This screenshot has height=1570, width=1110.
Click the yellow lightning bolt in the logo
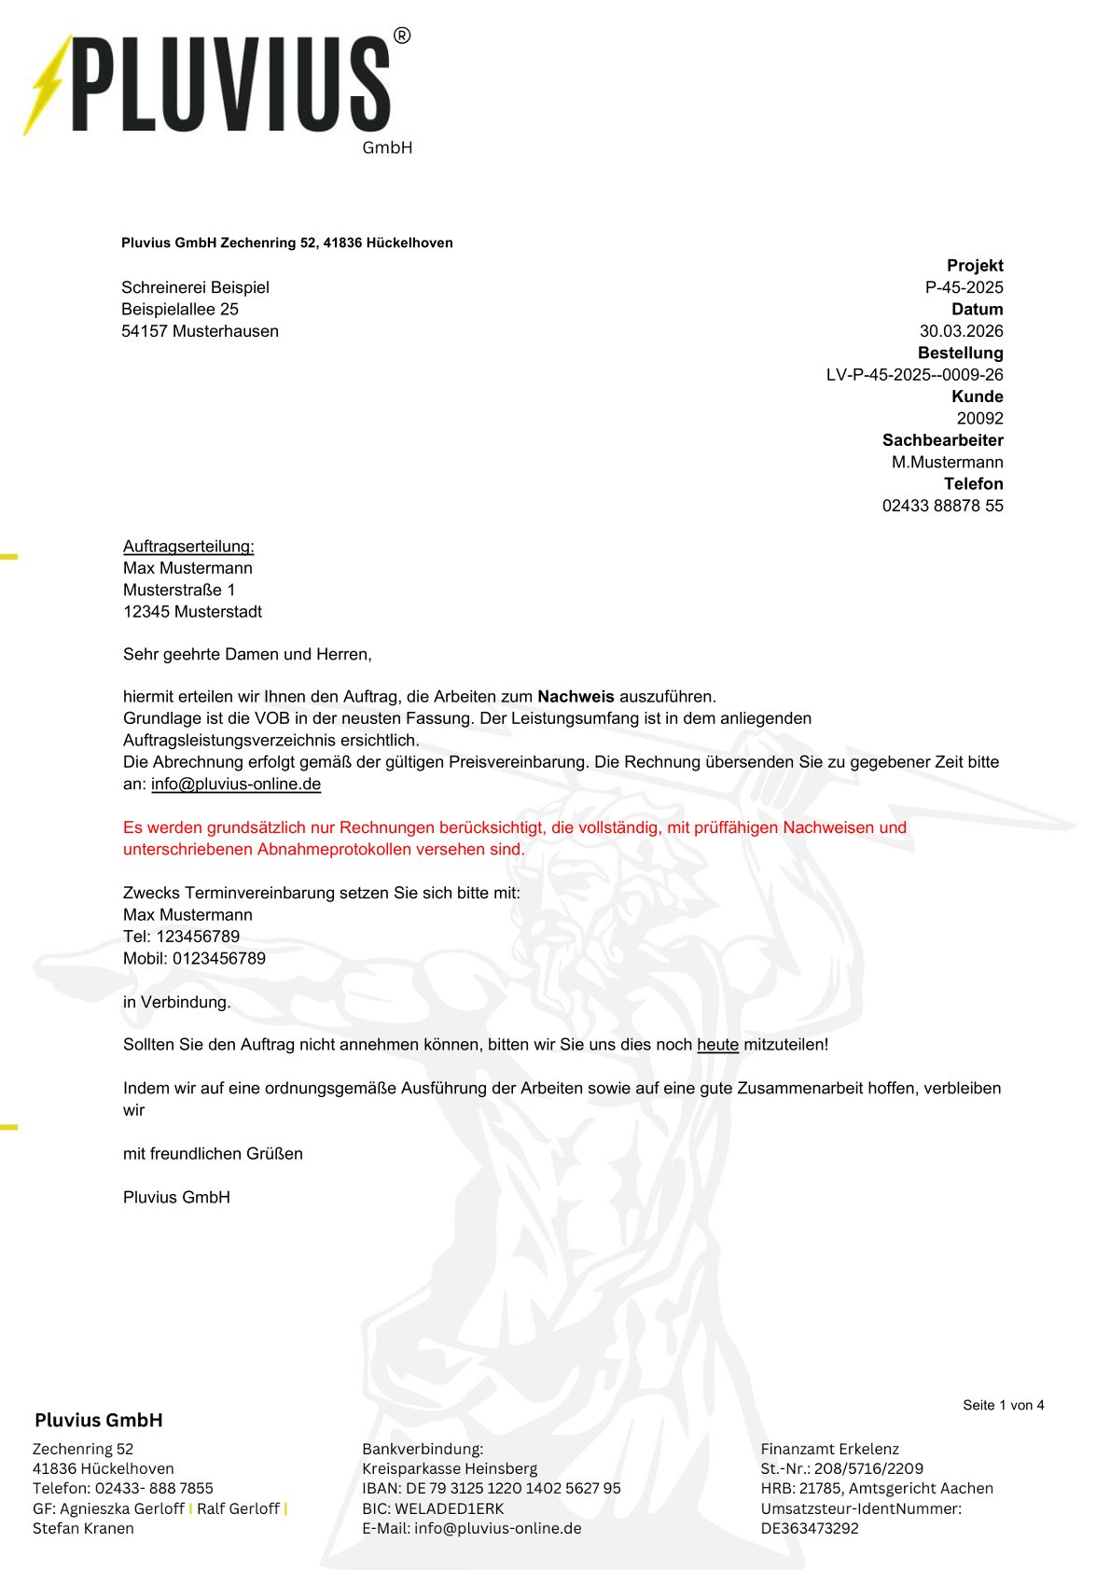[x=47, y=86]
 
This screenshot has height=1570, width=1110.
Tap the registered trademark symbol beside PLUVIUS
[x=401, y=36]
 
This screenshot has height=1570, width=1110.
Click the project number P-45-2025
[x=964, y=287]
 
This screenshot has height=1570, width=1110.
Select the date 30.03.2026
[x=961, y=331]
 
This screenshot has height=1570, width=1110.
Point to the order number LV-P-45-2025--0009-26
[x=914, y=375]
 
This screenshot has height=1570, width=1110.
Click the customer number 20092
[x=979, y=419]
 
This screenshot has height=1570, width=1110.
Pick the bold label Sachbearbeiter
[x=942, y=440]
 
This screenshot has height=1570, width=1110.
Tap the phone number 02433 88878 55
[x=942, y=506]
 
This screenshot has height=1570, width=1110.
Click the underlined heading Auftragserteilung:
[x=188, y=547]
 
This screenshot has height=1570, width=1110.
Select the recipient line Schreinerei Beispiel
[x=195, y=287]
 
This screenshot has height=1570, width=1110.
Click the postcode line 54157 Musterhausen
[x=200, y=331]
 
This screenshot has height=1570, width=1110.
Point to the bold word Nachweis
[x=576, y=697]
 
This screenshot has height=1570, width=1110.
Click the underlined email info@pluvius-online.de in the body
[x=236, y=785]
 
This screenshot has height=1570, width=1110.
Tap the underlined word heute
[x=717, y=1045]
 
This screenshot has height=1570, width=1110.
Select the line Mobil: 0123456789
[x=194, y=958]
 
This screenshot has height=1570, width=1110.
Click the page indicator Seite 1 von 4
[x=1003, y=1405]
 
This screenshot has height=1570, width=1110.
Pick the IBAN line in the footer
[x=491, y=1488]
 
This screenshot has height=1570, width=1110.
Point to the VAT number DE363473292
[x=809, y=1528]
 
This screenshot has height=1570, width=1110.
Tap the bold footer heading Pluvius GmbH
[x=98, y=1420]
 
